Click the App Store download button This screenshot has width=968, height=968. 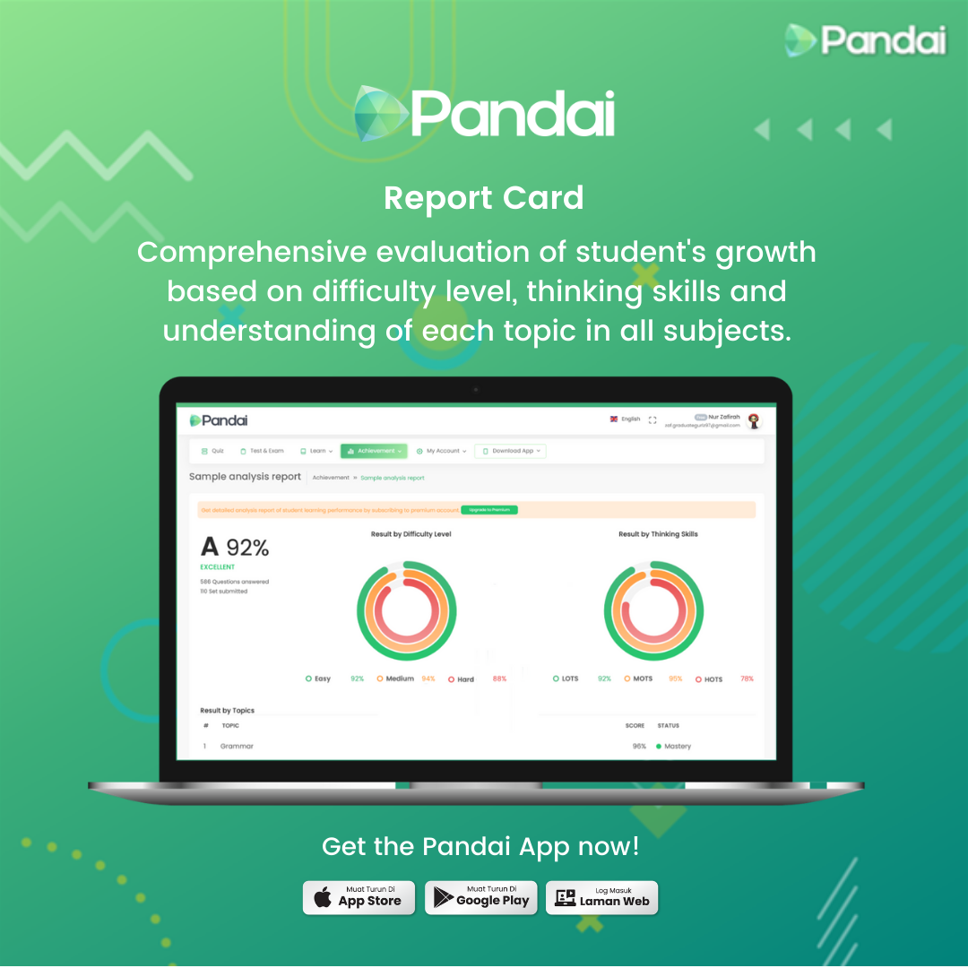click(359, 897)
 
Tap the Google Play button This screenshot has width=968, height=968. click(481, 897)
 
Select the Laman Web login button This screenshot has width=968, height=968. click(602, 897)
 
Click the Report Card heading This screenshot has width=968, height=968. click(483, 198)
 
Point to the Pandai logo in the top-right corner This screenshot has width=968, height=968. click(865, 40)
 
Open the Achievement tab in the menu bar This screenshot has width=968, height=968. click(374, 451)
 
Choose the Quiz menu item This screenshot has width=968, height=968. click(212, 451)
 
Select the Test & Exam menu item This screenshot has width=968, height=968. click(262, 451)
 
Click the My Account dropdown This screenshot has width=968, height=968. click(441, 451)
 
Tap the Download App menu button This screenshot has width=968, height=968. click(511, 451)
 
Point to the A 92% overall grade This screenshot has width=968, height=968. click(235, 547)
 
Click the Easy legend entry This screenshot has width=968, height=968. click(318, 678)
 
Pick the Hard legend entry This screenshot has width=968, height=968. click(461, 679)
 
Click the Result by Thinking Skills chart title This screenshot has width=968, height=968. click(658, 534)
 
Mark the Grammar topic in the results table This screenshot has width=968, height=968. click(237, 746)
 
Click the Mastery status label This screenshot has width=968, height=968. click(677, 746)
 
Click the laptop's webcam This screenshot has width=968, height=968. click(475, 389)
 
